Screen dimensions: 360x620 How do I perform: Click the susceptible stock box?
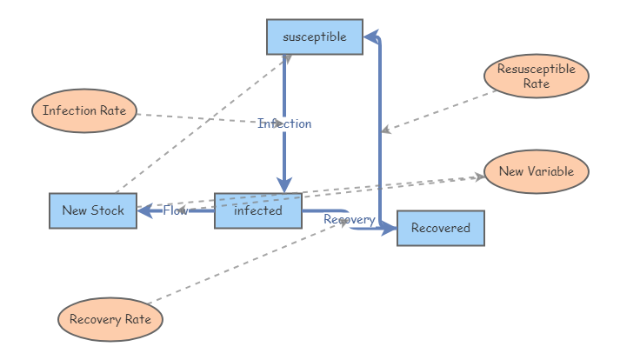click(x=314, y=37)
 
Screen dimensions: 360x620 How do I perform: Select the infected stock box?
click(x=258, y=210)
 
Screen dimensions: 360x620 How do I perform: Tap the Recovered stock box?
click(x=440, y=228)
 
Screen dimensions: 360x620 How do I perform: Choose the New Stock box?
click(x=92, y=210)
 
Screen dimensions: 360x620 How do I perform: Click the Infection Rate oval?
click(x=84, y=110)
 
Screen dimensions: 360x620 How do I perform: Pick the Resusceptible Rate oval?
click(x=536, y=77)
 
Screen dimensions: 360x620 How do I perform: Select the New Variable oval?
click(x=536, y=171)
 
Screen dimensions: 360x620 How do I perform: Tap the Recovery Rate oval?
click(x=110, y=319)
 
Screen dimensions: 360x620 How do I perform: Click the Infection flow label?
click(x=284, y=123)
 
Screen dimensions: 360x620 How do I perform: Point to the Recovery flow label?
click(x=349, y=219)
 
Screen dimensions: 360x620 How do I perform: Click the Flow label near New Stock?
click(x=175, y=210)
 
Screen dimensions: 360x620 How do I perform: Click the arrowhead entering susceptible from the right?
click(x=370, y=37)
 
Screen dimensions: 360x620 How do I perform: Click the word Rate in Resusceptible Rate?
click(x=536, y=84)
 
